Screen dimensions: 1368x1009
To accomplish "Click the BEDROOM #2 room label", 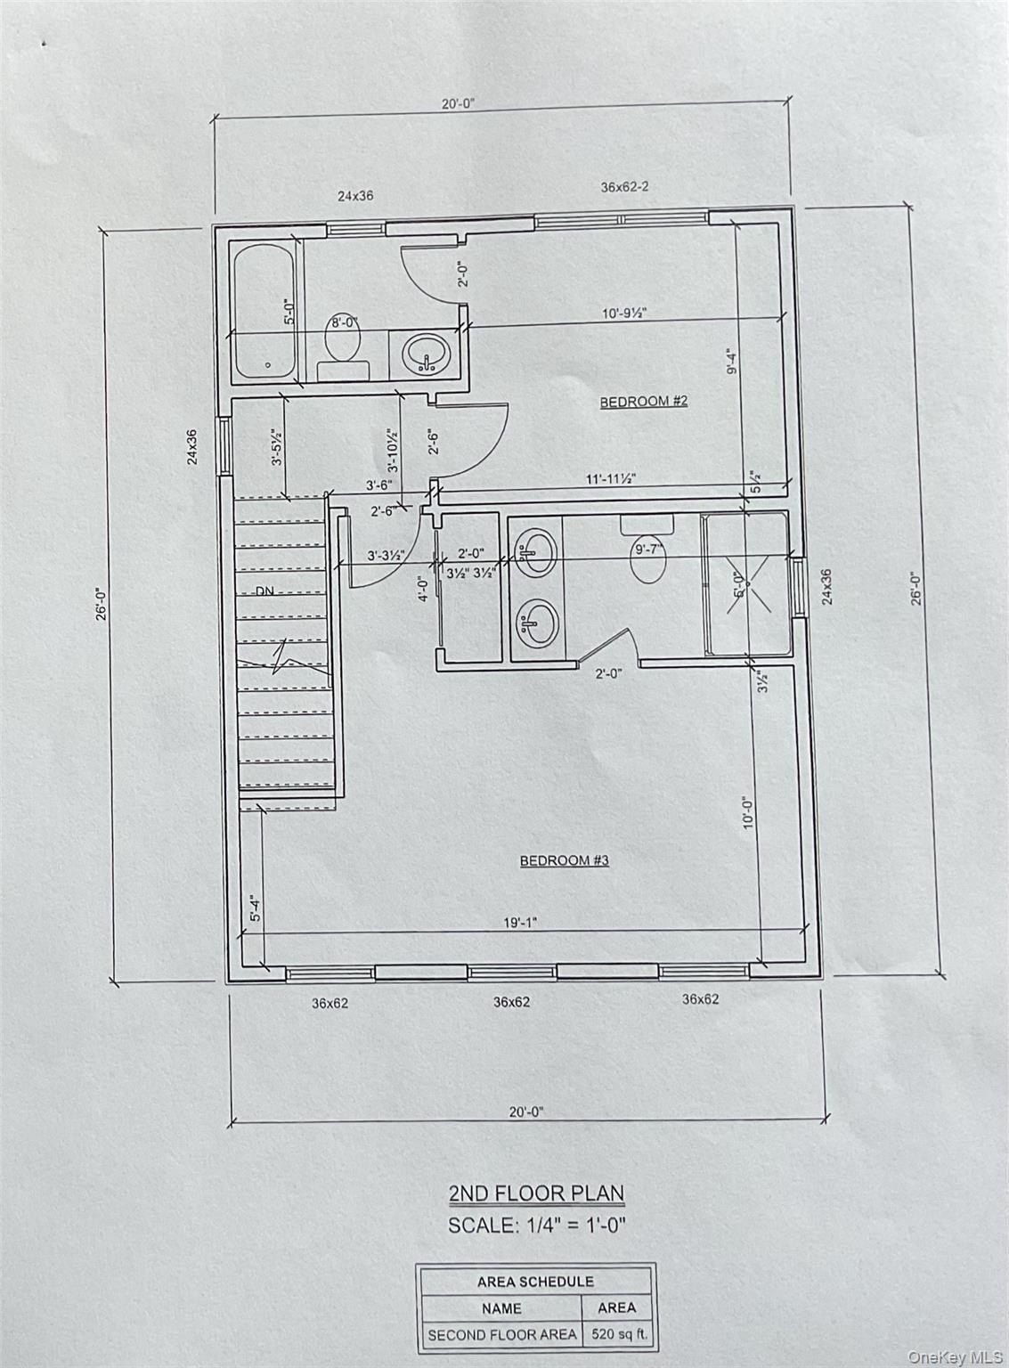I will (x=643, y=402).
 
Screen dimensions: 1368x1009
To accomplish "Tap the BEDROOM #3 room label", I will (x=564, y=860).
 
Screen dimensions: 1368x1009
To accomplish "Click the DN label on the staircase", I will (x=265, y=591).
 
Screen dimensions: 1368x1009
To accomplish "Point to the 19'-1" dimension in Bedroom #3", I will (x=521, y=924).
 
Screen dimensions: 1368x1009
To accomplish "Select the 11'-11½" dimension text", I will (x=610, y=478).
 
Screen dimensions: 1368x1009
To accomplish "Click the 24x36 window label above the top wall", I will (x=354, y=196).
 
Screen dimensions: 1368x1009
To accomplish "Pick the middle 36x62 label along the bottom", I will (x=511, y=1002).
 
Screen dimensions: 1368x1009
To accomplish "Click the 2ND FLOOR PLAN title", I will (x=535, y=1193).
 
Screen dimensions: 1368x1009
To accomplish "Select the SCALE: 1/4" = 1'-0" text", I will (x=537, y=1225).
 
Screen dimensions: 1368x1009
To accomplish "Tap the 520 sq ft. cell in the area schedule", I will (x=616, y=1335).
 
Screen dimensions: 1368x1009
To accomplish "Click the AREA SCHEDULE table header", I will (x=536, y=1282).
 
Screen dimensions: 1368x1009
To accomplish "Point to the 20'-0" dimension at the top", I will (x=458, y=103).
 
